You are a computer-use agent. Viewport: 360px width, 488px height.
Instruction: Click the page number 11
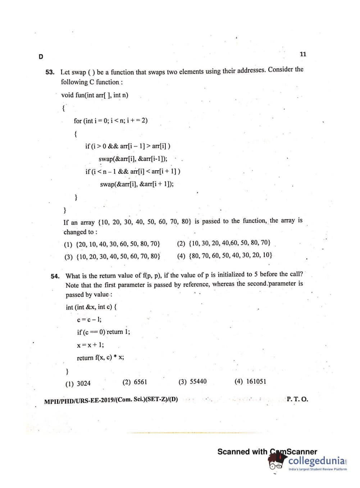point(303,54)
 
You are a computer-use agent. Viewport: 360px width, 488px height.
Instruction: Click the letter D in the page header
point(41,57)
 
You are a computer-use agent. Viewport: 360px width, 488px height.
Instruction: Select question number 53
point(50,72)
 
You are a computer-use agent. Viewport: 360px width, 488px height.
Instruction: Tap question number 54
point(55,276)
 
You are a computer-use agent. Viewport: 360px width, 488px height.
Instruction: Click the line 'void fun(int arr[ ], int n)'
point(95,95)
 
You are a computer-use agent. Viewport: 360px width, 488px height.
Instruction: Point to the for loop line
point(110,121)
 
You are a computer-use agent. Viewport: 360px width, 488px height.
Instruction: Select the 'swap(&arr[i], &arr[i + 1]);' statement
point(137,184)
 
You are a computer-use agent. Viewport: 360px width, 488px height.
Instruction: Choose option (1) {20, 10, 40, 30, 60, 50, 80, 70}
point(112,244)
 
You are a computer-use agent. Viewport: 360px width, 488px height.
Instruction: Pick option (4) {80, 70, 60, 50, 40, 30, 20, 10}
point(225,255)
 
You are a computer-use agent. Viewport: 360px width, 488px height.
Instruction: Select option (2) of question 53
point(224,243)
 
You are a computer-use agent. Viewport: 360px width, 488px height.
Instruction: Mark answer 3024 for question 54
point(78,384)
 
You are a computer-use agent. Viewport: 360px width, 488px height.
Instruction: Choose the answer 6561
point(135,382)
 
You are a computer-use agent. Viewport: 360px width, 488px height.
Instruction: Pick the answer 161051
point(250,381)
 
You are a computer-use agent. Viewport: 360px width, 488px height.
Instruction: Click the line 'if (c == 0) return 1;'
point(104,332)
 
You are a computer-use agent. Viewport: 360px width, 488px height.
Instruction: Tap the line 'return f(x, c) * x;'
point(100,358)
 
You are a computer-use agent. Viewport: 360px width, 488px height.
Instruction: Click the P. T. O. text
point(297,399)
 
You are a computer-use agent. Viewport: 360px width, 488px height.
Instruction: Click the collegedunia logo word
point(317,461)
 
